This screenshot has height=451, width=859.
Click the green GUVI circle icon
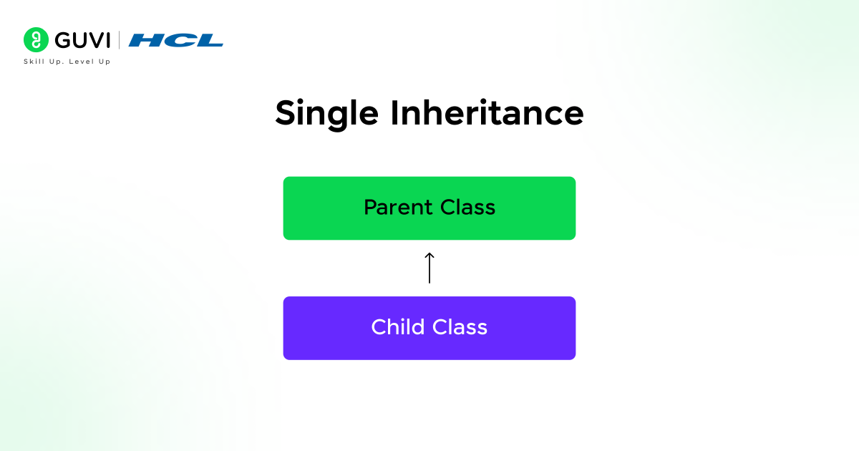tap(36, 40)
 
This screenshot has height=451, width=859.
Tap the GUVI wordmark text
tap(81, 41)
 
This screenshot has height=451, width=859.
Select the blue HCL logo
tap(175, 41)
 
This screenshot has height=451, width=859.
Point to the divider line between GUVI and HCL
tap(120, 41)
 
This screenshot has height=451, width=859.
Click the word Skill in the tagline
tap(33, 62)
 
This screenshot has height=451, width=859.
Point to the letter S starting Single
tap(286, 113)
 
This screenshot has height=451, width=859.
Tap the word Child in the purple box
tap(397, 327)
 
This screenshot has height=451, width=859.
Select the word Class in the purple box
tap(459, 327)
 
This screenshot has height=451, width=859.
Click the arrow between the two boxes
tap(429, 268)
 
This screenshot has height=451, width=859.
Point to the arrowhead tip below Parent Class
tap(429, 253)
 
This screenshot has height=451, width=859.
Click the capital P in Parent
tap(370, 208)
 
